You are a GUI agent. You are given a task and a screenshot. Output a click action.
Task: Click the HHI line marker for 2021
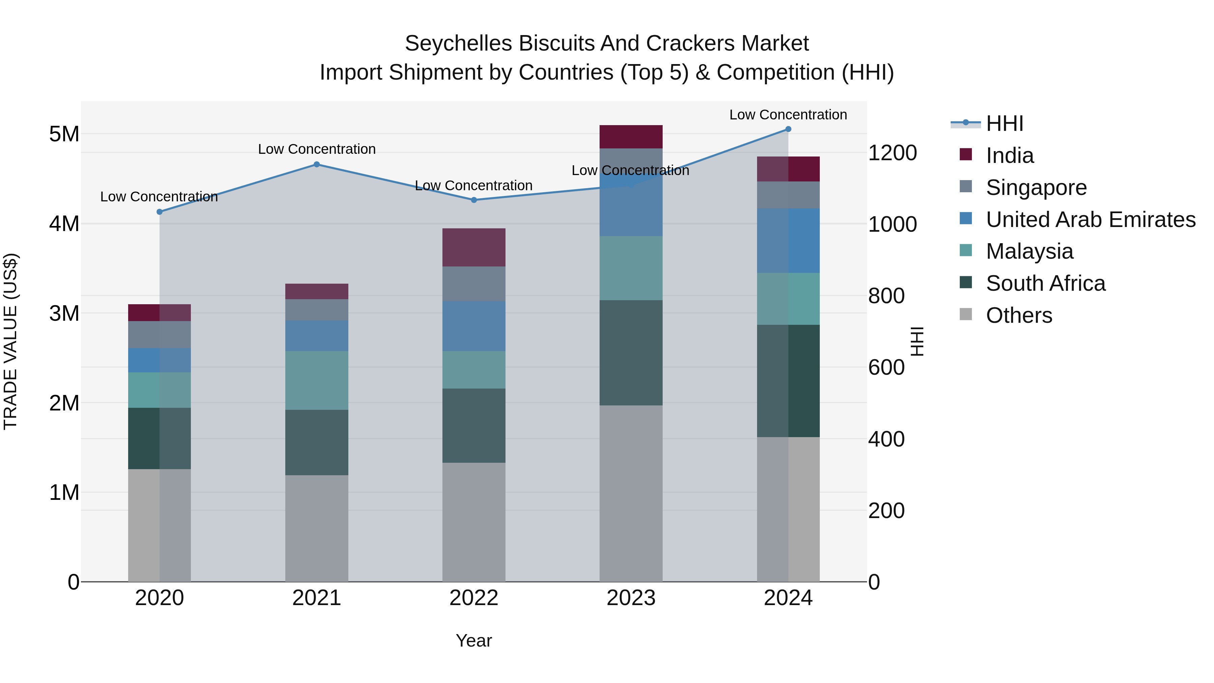pyautogui.click(x=317, y=165)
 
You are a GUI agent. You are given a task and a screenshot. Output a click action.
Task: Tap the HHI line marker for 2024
pyautogui.click(x=788, y=129)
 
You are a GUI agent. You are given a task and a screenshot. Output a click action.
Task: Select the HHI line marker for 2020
pyautogui.click(x=160, y=212)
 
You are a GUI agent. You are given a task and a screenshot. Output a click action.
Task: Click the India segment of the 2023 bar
pyautogui.click(x=631, y=137)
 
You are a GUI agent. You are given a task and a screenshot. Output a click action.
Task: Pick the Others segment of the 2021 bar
pyautogui.click(x=317, y=528)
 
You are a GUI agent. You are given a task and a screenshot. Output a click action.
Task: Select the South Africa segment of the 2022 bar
pyautogui.click(x=474, y=426)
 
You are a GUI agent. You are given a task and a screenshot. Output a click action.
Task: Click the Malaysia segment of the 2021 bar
pyautogui.click(x=317, y=380)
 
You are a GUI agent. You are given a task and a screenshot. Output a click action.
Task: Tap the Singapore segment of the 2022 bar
pyautogui.click(x=474, y=284)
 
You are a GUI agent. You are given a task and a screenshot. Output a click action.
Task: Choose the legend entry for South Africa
pyautogui.click(x=1045, y=283)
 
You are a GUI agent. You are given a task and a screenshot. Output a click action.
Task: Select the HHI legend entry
pyautogui.click(x=1004, y=123)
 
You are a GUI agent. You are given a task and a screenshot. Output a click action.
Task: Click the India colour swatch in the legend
pyautogui.click(x=966, y=154)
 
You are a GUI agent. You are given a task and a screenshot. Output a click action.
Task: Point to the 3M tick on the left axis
pyautogui.click(x=64, y=313)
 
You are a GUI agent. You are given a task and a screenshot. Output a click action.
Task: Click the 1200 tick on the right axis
pyautogui.click(x=892, y=153)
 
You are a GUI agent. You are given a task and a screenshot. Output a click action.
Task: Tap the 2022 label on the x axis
pyautogui.click(x=474, y=598)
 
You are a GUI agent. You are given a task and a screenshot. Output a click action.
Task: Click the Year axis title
pyautogui.click(x=474, y=641)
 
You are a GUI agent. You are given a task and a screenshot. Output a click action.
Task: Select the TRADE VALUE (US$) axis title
pyautogui.click(x=10, y=341)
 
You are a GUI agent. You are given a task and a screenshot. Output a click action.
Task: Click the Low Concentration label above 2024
pyautogui.click(x=788, y=115)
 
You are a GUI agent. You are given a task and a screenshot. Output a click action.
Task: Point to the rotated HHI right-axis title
pyautogui.click(x=917, y=341)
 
